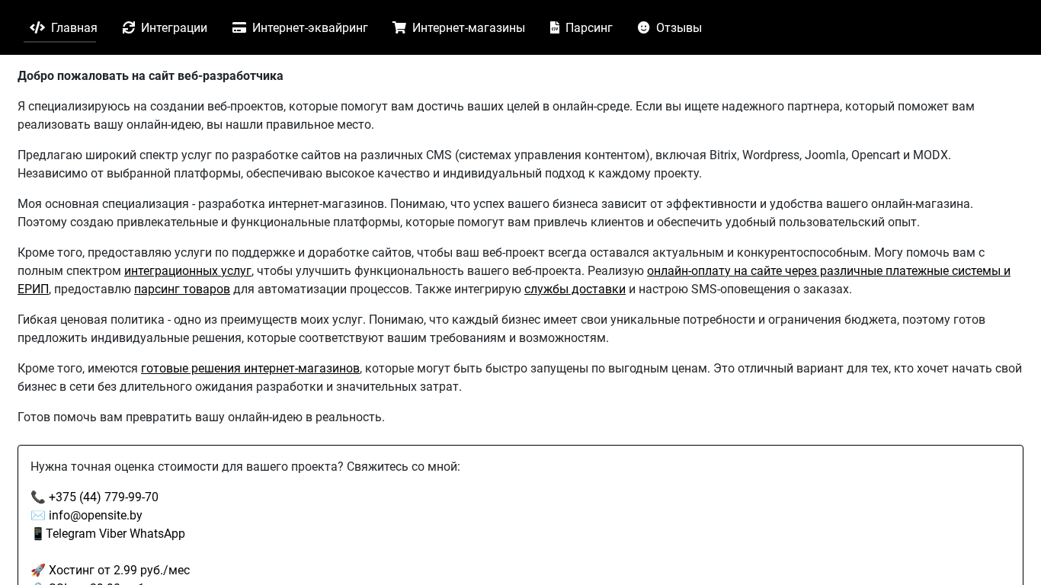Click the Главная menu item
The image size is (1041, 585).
pyautogui.click(x=64, y=28)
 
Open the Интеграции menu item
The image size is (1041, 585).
pyautogui.click(x=165, y=28)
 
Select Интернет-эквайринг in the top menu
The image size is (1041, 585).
pyautogui.click(x=300, y=28)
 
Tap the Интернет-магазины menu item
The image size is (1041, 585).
pyautogui.click(x=459, y=28)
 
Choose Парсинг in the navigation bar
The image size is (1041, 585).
pyautogui.click(x=581, y=28)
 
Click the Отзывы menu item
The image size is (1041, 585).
pyautogui.click(x=670, y=28)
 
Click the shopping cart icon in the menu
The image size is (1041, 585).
pyautogui.click(x=399, y=27)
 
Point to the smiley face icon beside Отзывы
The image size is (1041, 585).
pyautogui.click(x=644, y=27)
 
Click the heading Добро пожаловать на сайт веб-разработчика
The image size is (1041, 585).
pyautogui.click(x=150, y=76)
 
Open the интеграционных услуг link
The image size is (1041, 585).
pyautogui.click(x=187, y=271)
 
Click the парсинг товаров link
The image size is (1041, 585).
pyautogui.click(x=182, y=289)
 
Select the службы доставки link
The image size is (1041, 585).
pyautogui.click(x=575, y=289)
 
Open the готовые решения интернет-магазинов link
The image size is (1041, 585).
pyautogui.click(x=250, y=369)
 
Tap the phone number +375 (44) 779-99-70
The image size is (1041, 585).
pyautogui.click(x=104, y=497)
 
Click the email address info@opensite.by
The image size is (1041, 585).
pyautogui.click(x=95, y=516)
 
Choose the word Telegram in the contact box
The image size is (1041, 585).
pyautogui.click(x=71, y=534)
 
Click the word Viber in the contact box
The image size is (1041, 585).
pyautogui.click(x=115, y=534)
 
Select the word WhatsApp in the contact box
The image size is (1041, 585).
pyautogui.click(x=160, y=534)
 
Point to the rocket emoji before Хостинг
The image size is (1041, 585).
pyautogui.click(x=38, y=571)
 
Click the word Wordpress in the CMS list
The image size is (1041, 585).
pyautogui.click(x=770, y=155)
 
